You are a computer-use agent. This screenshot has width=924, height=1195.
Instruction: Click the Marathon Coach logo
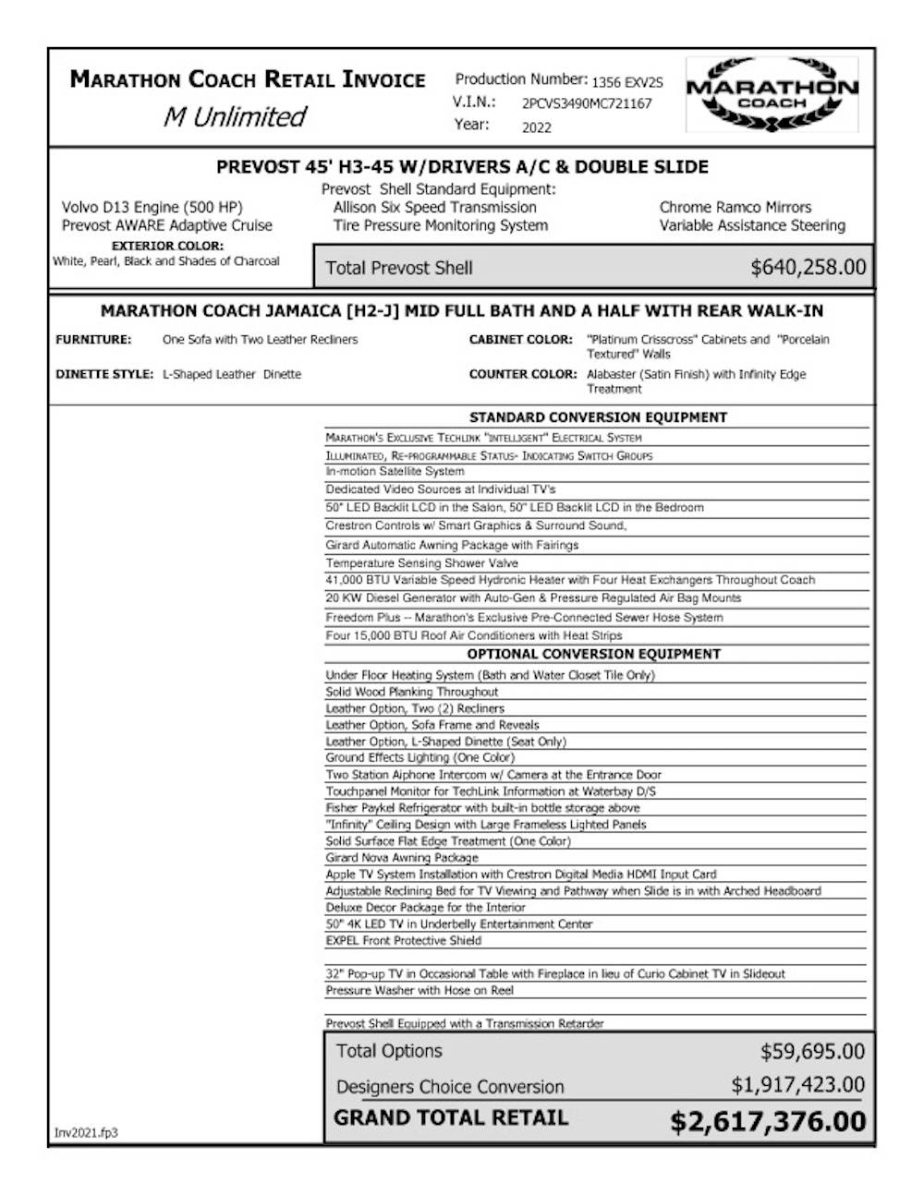(772, 94)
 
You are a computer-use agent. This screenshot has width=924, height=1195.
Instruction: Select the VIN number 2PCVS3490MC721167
(586, 103)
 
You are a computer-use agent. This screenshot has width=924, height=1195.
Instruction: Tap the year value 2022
(537, 127)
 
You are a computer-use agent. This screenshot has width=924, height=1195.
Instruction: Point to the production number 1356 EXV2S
(627, 81)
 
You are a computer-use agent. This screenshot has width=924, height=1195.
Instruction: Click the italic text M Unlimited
(234, 117)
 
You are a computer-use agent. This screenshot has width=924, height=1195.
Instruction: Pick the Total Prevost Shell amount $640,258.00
(808, 268)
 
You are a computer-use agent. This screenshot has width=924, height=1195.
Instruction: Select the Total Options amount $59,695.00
(812, 1051)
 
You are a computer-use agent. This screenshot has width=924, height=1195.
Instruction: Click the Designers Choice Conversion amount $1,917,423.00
(797, 1085)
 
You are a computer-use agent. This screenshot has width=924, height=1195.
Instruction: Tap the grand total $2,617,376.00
(768, 1121)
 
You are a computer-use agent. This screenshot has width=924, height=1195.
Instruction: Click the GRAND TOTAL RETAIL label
(451, 1118)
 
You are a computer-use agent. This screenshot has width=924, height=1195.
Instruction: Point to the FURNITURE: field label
(93, 340)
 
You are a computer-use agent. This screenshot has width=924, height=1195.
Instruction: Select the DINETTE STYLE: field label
(104, 374)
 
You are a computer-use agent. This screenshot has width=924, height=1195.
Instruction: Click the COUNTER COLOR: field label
(521, 374)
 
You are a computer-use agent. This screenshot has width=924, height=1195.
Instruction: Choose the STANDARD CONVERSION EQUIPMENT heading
(598, 417)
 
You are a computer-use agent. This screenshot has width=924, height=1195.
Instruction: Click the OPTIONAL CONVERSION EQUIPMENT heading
(593, 654)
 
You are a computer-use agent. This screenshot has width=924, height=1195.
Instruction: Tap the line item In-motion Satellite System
(395, 471)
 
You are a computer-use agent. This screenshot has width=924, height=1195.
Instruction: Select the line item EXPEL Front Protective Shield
(403, 940)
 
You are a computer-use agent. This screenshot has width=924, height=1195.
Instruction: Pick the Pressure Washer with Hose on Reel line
(419, 990)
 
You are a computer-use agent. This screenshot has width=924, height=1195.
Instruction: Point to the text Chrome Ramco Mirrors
(735, 208)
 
